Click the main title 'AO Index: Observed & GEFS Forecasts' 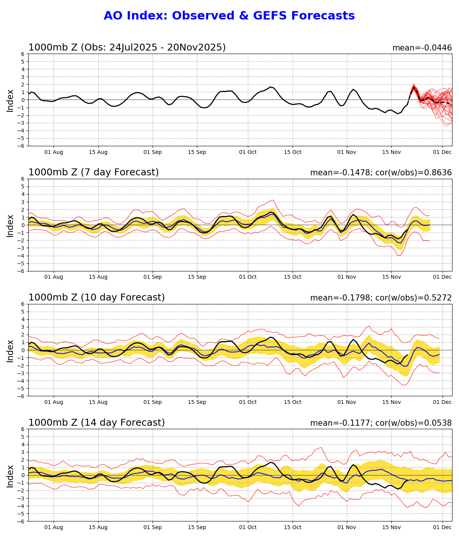229,16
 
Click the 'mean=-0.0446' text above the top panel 422,48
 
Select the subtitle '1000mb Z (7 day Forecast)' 93,173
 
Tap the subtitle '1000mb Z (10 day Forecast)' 96,298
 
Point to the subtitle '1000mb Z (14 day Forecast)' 96,423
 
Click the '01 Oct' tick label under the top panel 247,152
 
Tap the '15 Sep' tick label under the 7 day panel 197,277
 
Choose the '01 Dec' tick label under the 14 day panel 443,528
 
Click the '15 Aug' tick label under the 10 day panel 98,402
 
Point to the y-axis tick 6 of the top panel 23,54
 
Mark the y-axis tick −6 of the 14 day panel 21,521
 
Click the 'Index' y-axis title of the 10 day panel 10,350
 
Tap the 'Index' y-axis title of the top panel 10,100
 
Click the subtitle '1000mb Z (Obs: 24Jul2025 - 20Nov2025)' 127,47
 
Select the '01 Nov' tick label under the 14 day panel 347,528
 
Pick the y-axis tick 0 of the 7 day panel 23,225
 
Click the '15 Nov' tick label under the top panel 391,152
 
